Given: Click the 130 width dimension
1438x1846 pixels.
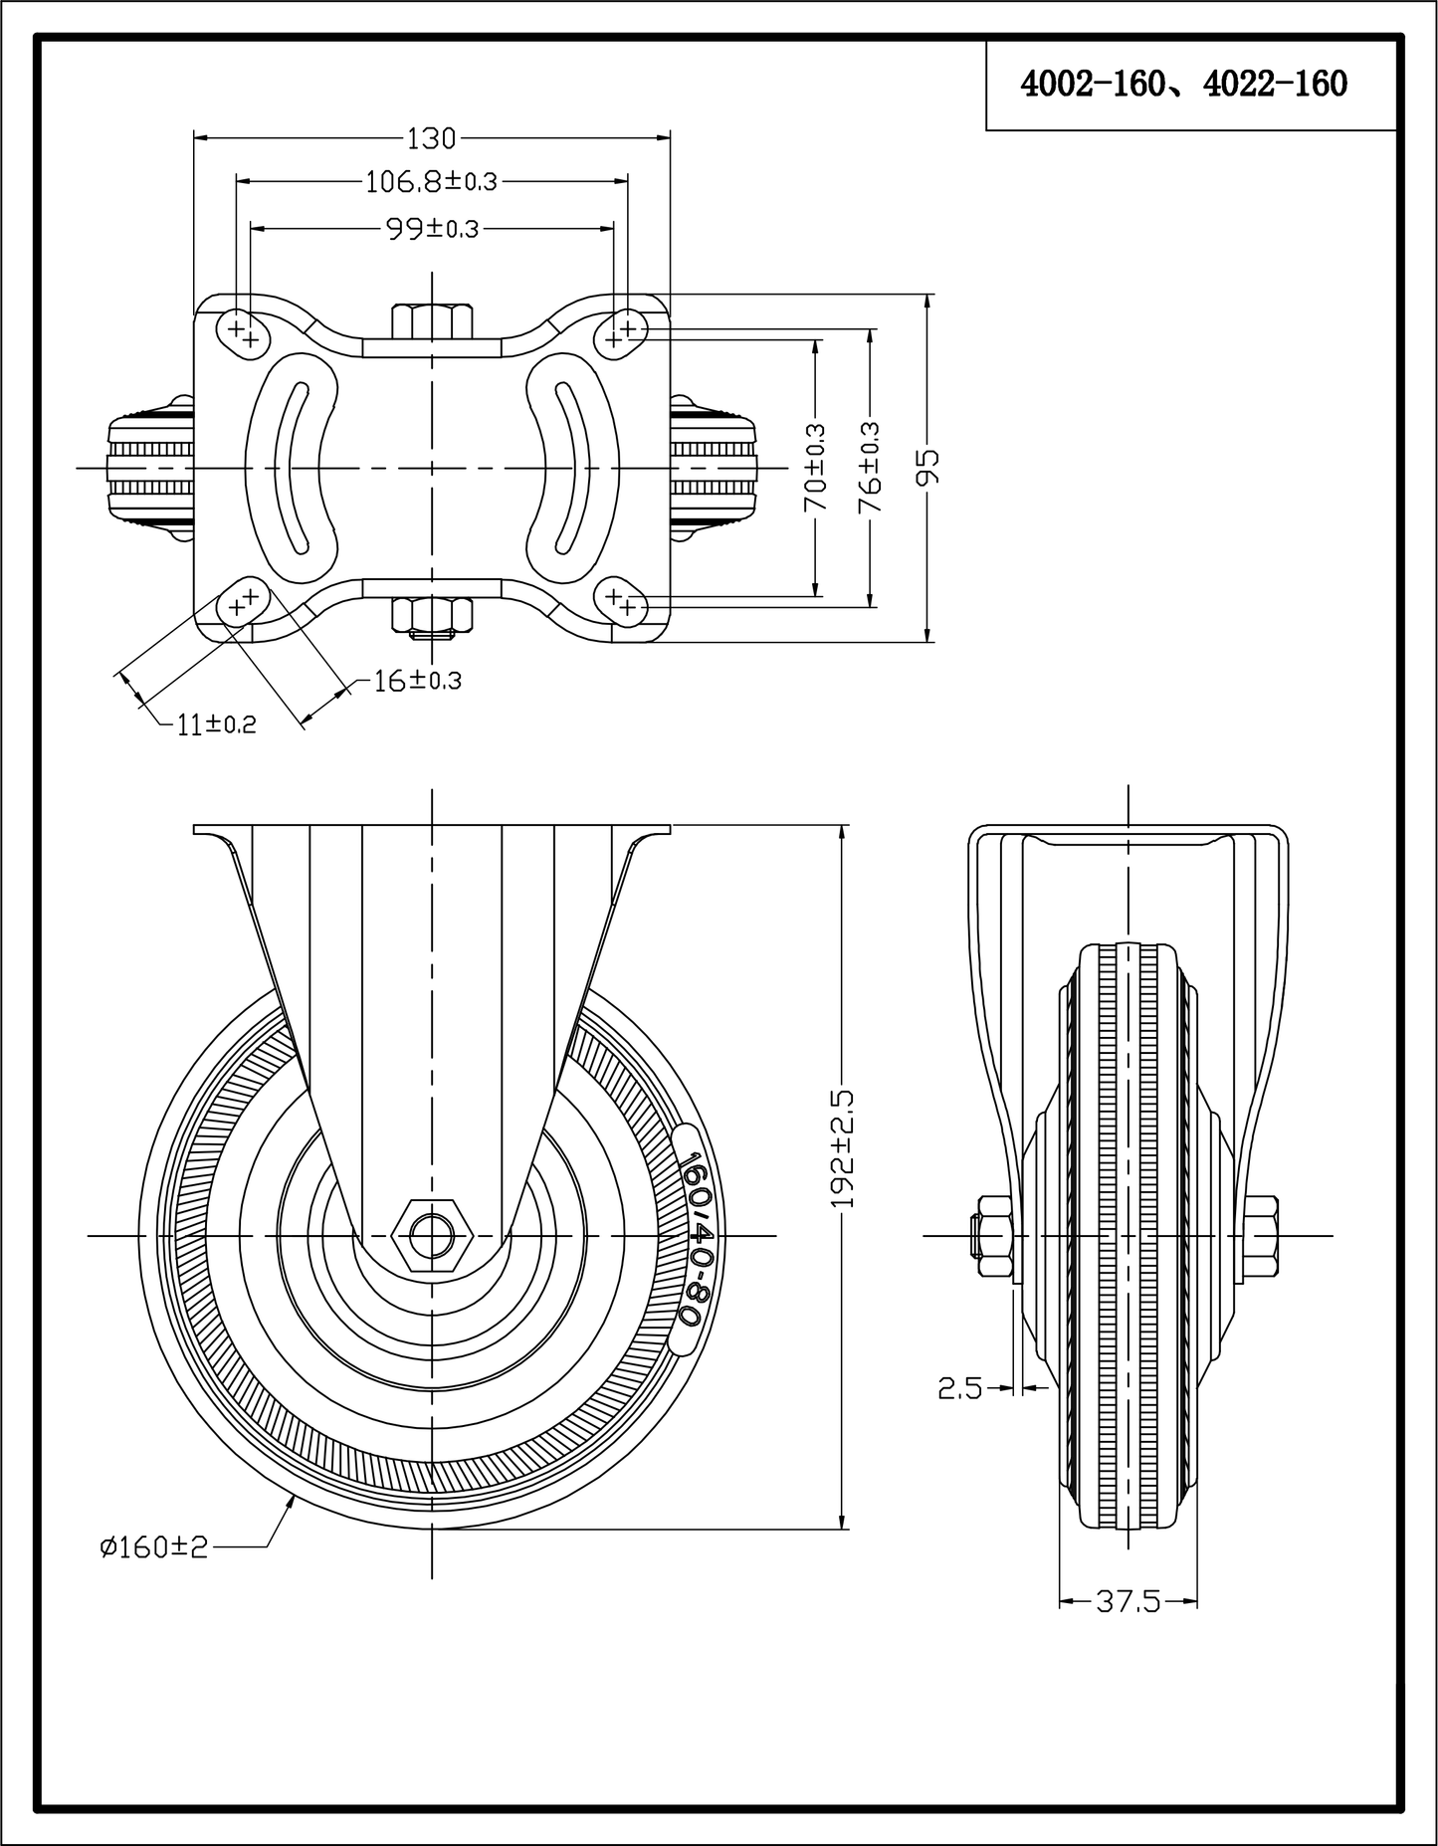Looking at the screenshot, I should click(431, 136).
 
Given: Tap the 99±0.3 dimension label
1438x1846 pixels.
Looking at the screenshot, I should click(432, 229).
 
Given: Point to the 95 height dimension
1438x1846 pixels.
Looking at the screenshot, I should click(927, 468).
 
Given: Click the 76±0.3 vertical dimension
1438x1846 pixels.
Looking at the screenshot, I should click(871, 468).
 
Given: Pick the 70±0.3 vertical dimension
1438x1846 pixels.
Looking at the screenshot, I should click(815, 469).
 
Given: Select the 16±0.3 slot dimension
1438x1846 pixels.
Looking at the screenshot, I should click(417, 681).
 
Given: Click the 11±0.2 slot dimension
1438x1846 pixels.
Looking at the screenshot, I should click(216, 724).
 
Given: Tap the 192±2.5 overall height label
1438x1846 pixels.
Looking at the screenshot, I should click(843, 1148).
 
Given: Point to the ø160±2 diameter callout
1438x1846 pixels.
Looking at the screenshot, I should click(153, 1574).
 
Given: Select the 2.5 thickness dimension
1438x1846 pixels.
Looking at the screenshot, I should click(959, 1387).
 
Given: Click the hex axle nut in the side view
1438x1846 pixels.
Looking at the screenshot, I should click(431, 1236).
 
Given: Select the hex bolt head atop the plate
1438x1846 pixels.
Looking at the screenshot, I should click(432, 320).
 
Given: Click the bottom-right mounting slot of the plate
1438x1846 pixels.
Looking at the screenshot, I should click(621, 600).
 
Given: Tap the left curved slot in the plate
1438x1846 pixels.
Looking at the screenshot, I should click(295, 468).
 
